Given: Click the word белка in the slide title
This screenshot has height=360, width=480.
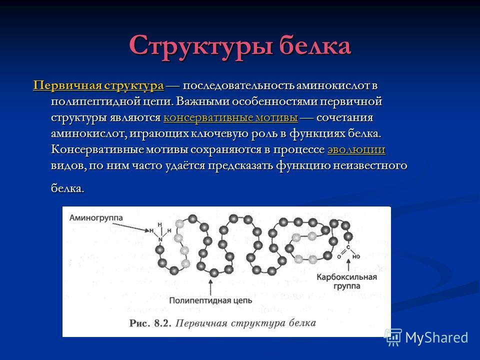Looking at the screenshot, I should click(314, 46).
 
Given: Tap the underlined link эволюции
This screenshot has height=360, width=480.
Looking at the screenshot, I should click(356, 150).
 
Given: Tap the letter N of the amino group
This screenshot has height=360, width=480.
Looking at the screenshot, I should click(160, 240).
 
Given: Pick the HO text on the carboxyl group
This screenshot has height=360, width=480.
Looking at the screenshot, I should click(355, 256).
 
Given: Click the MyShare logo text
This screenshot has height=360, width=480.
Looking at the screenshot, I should click(436, 337).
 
